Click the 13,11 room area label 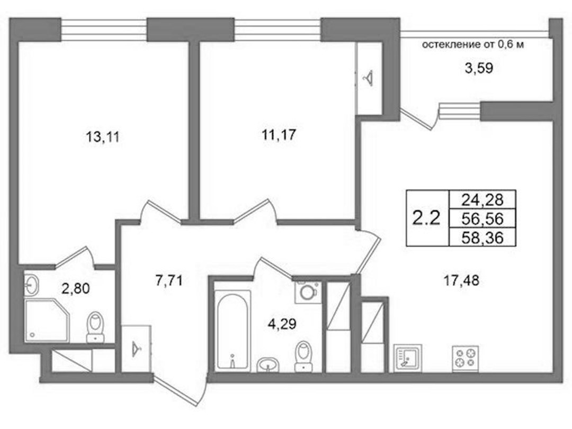103,138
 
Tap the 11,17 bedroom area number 279,135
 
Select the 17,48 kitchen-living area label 461,281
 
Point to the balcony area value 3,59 479,68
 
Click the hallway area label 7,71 169,281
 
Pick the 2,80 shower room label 76,289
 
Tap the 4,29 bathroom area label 282,324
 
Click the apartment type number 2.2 426,218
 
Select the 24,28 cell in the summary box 482,200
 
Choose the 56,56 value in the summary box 482,218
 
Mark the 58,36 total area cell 482,238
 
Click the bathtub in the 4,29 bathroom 233,330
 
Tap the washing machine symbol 308,293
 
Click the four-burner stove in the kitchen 466,358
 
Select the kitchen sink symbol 408,358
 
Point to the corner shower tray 47,321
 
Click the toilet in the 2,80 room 95,327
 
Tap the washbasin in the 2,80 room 31,284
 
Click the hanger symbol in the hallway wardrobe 136,348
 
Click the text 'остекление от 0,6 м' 473,45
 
